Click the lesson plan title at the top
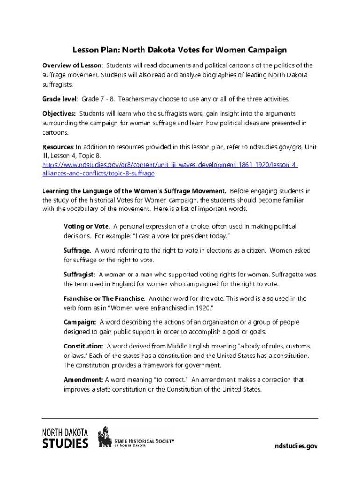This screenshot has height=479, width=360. point(179,50)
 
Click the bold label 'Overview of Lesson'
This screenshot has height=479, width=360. point(72,65)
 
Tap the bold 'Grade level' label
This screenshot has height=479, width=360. point(59,99)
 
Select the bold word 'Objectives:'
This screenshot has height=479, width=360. point(59,114)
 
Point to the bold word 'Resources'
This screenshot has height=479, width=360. point(58,147)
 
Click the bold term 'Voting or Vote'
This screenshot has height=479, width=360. point(86,226)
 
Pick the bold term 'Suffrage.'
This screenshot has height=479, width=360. point(77,251)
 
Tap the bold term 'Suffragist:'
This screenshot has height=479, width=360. point(79,275)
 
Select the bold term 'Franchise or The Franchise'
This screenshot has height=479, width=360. point(104,298)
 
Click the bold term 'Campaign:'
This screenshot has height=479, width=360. point(80,322)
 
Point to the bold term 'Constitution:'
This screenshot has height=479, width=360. point(83,346)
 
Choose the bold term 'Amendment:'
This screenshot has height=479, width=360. point(83,380)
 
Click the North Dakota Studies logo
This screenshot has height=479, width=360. point(65,438)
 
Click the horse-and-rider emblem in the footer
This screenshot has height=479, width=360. point(105,437)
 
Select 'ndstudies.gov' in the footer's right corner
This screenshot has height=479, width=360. point(295,446)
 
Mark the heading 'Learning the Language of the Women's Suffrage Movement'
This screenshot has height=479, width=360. point(135,191)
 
